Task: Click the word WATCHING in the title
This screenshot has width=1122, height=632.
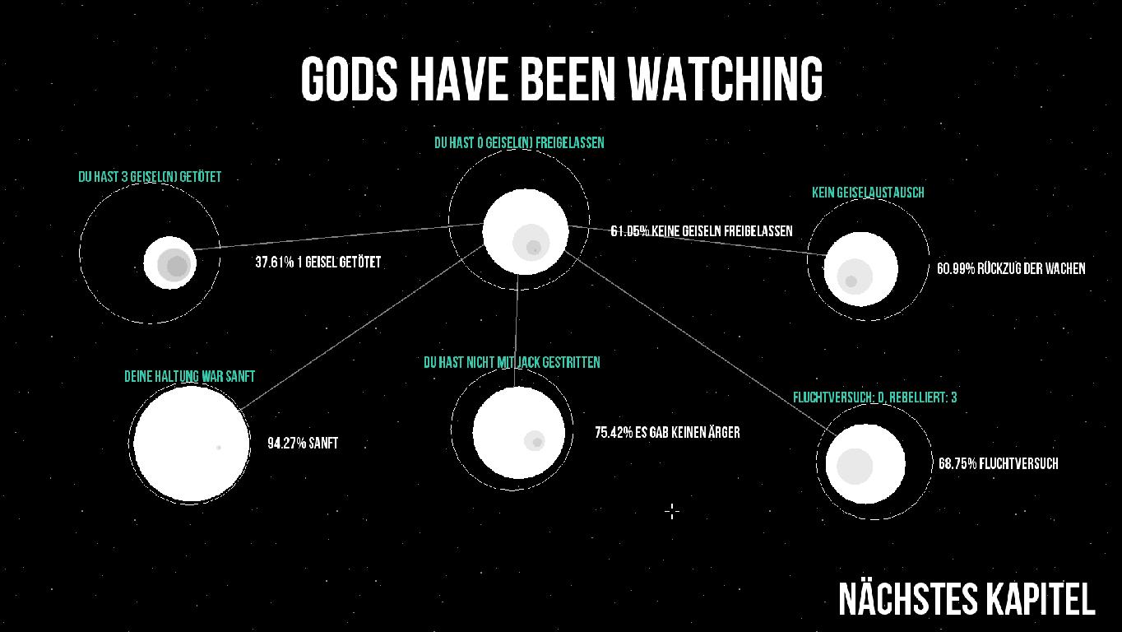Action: (726, 79)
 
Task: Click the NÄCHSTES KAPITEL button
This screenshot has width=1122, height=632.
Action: (967, 599)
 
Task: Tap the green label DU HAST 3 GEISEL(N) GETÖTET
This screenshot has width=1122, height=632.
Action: (150, 177)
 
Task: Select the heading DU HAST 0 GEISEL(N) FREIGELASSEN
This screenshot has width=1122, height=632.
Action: (519, 143)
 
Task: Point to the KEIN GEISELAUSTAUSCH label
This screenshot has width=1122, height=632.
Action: (868, 193)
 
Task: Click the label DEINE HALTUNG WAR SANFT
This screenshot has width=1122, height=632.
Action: (190, 376)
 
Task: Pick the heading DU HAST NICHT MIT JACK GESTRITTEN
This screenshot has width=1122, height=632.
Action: (512, 362)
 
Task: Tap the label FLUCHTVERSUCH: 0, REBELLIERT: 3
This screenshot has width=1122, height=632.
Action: (875, 397)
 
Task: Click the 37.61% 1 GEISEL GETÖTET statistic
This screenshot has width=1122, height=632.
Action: (318, 263)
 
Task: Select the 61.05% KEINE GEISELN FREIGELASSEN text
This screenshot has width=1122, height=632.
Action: (701, 231)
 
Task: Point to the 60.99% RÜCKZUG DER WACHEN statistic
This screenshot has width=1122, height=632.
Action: (1011, 268)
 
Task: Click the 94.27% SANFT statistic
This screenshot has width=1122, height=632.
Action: (303, 443)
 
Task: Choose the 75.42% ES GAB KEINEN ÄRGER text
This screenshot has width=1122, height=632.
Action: (667, 433)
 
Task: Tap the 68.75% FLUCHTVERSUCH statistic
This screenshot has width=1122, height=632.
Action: (999, 463)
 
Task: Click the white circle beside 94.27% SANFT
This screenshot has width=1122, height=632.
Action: (192, 443)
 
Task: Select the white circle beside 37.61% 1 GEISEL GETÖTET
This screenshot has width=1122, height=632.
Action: (169, 263)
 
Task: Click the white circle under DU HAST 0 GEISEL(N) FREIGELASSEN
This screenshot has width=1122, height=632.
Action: (526, 231)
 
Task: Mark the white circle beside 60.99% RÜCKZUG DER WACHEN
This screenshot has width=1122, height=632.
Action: (861, 269)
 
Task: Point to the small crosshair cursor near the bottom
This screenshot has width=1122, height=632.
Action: (672, 512)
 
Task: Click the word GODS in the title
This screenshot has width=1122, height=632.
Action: (349, 79)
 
